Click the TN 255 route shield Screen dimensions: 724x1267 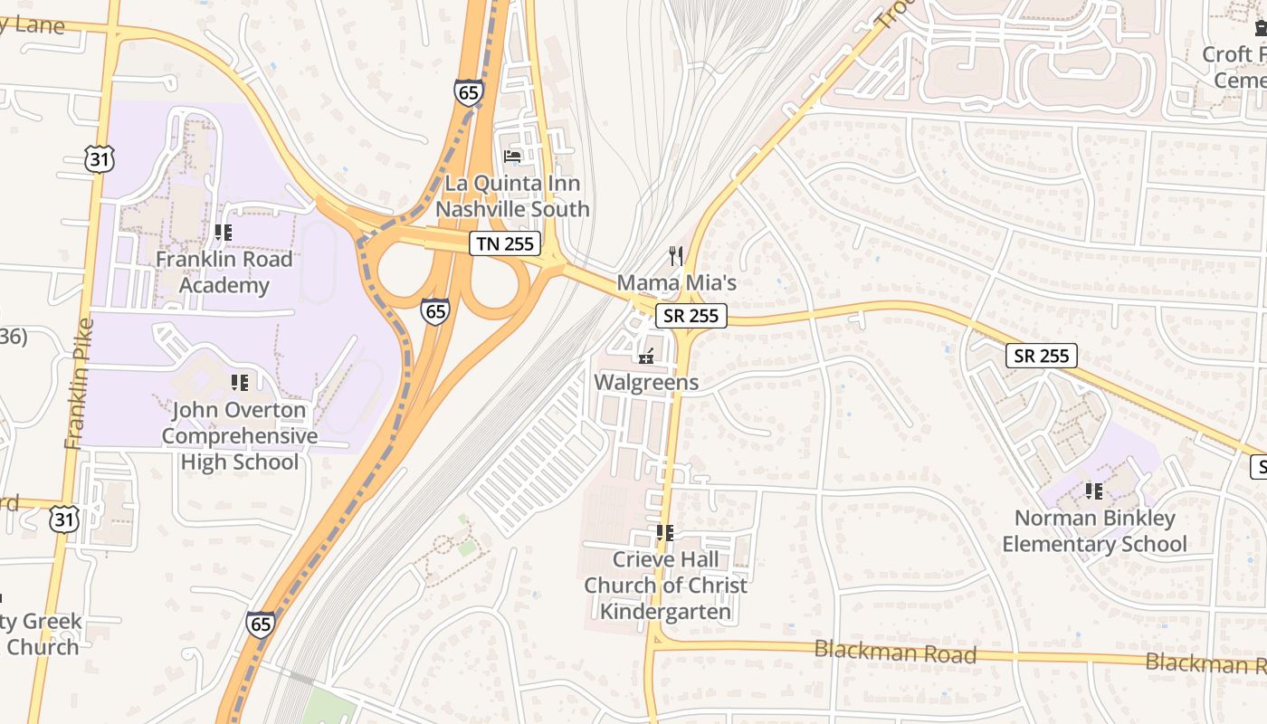[x=505, y=243]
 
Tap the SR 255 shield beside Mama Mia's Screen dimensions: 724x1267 [x=691, y=315]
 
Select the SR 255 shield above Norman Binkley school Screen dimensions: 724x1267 [x=1042, y=356]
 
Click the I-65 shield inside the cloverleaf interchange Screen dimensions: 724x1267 [x=435, y=311]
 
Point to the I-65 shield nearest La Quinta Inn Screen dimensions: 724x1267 [x=469, y=91]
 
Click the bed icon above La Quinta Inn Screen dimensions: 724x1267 [x=512, y=157]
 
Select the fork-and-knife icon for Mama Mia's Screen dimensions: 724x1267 [x=676, y=255]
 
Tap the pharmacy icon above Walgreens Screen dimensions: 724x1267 [x=646, y=356]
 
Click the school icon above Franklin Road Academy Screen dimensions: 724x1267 [x=223, y=233]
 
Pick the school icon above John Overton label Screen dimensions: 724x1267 [x=239, y=383]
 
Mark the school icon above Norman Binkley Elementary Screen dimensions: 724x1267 [x=1093, y=491]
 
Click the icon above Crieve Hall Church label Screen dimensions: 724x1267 [x=665, y=533]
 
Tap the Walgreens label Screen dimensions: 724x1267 [x=646, y=382]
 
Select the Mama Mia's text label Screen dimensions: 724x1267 [x=676, y=282]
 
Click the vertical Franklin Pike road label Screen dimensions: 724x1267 [x=79, y=385]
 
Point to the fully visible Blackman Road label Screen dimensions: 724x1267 [x=895, y=651]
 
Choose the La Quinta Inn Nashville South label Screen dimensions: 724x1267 [x=512, y=196]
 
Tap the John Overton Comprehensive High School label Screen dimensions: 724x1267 [x=240, y=436]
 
